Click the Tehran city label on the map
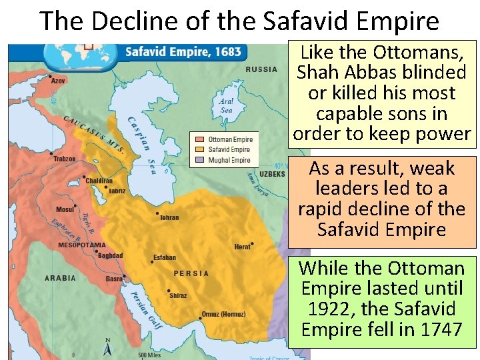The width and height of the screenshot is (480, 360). click(169, 217)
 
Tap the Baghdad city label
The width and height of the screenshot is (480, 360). click(110, 255)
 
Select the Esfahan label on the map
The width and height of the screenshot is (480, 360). click(164, 257)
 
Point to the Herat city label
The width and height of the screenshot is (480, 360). click(243, 247)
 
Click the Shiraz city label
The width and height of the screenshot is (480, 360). click(178, 295)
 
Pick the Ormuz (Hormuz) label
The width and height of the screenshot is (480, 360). click(224, 314)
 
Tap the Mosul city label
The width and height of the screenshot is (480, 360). click(65, 209)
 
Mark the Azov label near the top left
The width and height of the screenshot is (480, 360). click(58, 81)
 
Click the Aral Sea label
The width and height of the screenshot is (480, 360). click(226, 105)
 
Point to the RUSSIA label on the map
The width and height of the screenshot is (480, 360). click(261, 69)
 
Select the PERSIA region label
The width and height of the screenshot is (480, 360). click(191, 273)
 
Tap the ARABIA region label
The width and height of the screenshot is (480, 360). click(61, 277)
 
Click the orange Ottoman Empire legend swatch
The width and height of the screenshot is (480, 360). click(200, 140)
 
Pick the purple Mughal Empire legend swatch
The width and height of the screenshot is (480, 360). click(200, 160)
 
